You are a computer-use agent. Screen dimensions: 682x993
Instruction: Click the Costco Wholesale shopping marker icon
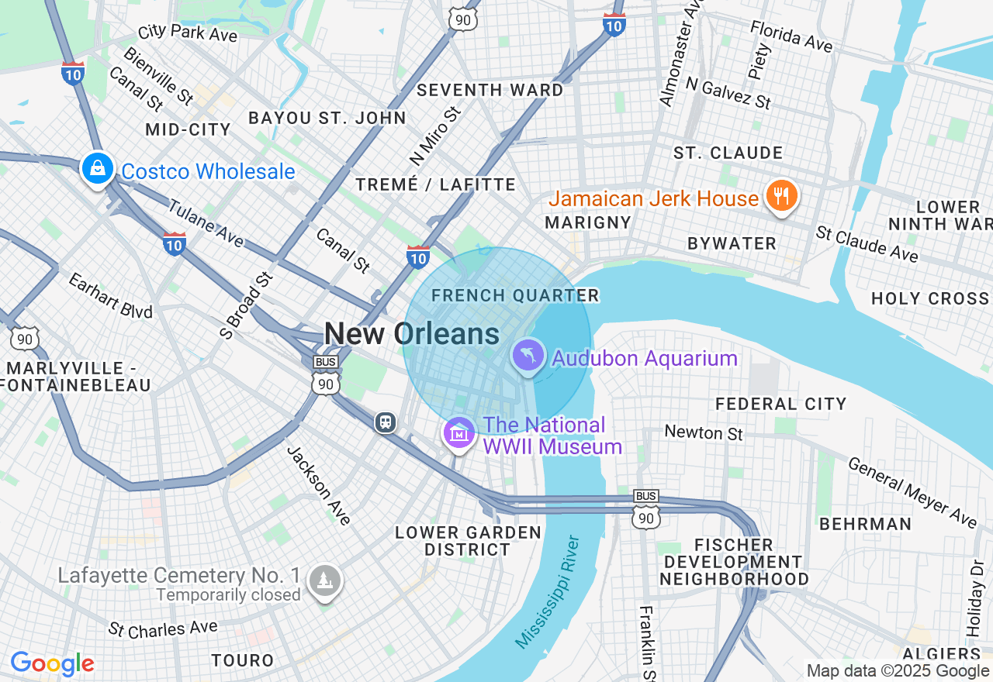[97, 168]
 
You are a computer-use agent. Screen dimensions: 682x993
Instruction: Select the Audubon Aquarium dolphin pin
[528, 356]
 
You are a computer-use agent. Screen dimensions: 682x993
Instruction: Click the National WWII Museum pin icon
[458, 432]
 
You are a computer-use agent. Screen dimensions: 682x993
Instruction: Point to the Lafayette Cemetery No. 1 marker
[324, 580]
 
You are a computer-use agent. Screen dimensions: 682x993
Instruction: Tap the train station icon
[386, 422]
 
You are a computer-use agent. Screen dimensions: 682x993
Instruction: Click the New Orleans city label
[411, 334]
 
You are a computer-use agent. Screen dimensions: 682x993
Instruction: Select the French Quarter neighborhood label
[515, 295]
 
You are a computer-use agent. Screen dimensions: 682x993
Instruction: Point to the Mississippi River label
[548, 591]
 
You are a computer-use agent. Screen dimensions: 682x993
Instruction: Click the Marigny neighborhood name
[587, 222]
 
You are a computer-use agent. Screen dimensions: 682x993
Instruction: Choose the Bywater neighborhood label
[732, 243]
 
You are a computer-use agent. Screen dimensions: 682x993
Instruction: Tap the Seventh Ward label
[490, 90]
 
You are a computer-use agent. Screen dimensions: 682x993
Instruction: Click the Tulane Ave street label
[206, 224]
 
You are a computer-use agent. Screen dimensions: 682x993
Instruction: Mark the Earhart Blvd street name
[109, 295]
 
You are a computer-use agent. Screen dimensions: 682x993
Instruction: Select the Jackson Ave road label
[319, 485]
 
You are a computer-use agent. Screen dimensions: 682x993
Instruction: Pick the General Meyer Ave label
[912, 492]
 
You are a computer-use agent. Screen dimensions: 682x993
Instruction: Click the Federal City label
[780, 404]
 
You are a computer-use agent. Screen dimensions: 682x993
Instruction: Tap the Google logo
[52, 663]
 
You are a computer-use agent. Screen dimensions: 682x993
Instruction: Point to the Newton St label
[704, 432]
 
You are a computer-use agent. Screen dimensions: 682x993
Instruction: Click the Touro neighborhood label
[243, 660]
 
